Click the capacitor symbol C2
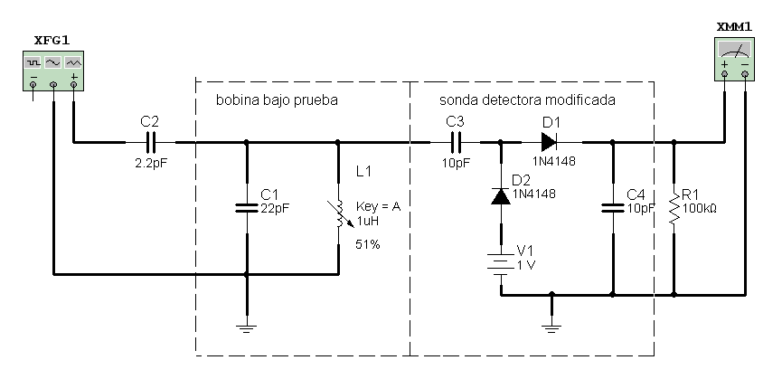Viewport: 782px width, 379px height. (151, 142)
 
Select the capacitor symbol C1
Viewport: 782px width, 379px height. (246, 207)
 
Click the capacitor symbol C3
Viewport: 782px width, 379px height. (456, 142)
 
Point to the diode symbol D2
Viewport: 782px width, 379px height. (500, 195)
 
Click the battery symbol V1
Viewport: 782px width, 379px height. (500, 264)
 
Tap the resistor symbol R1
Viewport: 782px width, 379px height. (674, 207)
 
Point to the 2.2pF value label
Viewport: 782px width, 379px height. (150, 164)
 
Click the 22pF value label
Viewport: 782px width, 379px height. (275, 208)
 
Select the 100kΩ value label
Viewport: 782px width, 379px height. (700, 208)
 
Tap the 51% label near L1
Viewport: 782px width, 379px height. (367, 245)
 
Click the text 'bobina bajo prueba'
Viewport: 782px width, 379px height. (276, 100)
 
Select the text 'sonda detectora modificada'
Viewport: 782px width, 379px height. (528, 100)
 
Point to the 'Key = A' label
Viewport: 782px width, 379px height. (379, 207)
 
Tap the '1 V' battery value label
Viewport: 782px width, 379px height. (526, 264)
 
